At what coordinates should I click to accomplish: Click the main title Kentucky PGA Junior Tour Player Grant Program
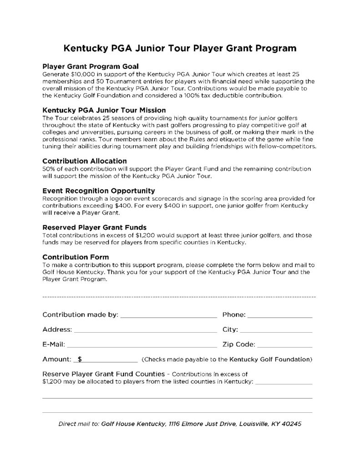click(180, 48)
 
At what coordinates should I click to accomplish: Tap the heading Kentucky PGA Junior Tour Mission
click(104, 110)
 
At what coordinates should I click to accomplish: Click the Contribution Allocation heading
click(84, 161)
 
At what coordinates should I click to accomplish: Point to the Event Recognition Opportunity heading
click(99, 191)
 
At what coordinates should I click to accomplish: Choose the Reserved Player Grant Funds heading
click(94, 227)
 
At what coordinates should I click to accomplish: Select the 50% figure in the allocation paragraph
click(48, 169)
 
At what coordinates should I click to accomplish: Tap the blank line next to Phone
click(280, 315)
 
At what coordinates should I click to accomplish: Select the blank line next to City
click(275, 329)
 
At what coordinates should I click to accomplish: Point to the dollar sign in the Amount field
click(80, 359)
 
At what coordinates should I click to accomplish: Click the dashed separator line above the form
click(179, 297)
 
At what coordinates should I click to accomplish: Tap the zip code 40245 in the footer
click(290, 424)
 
